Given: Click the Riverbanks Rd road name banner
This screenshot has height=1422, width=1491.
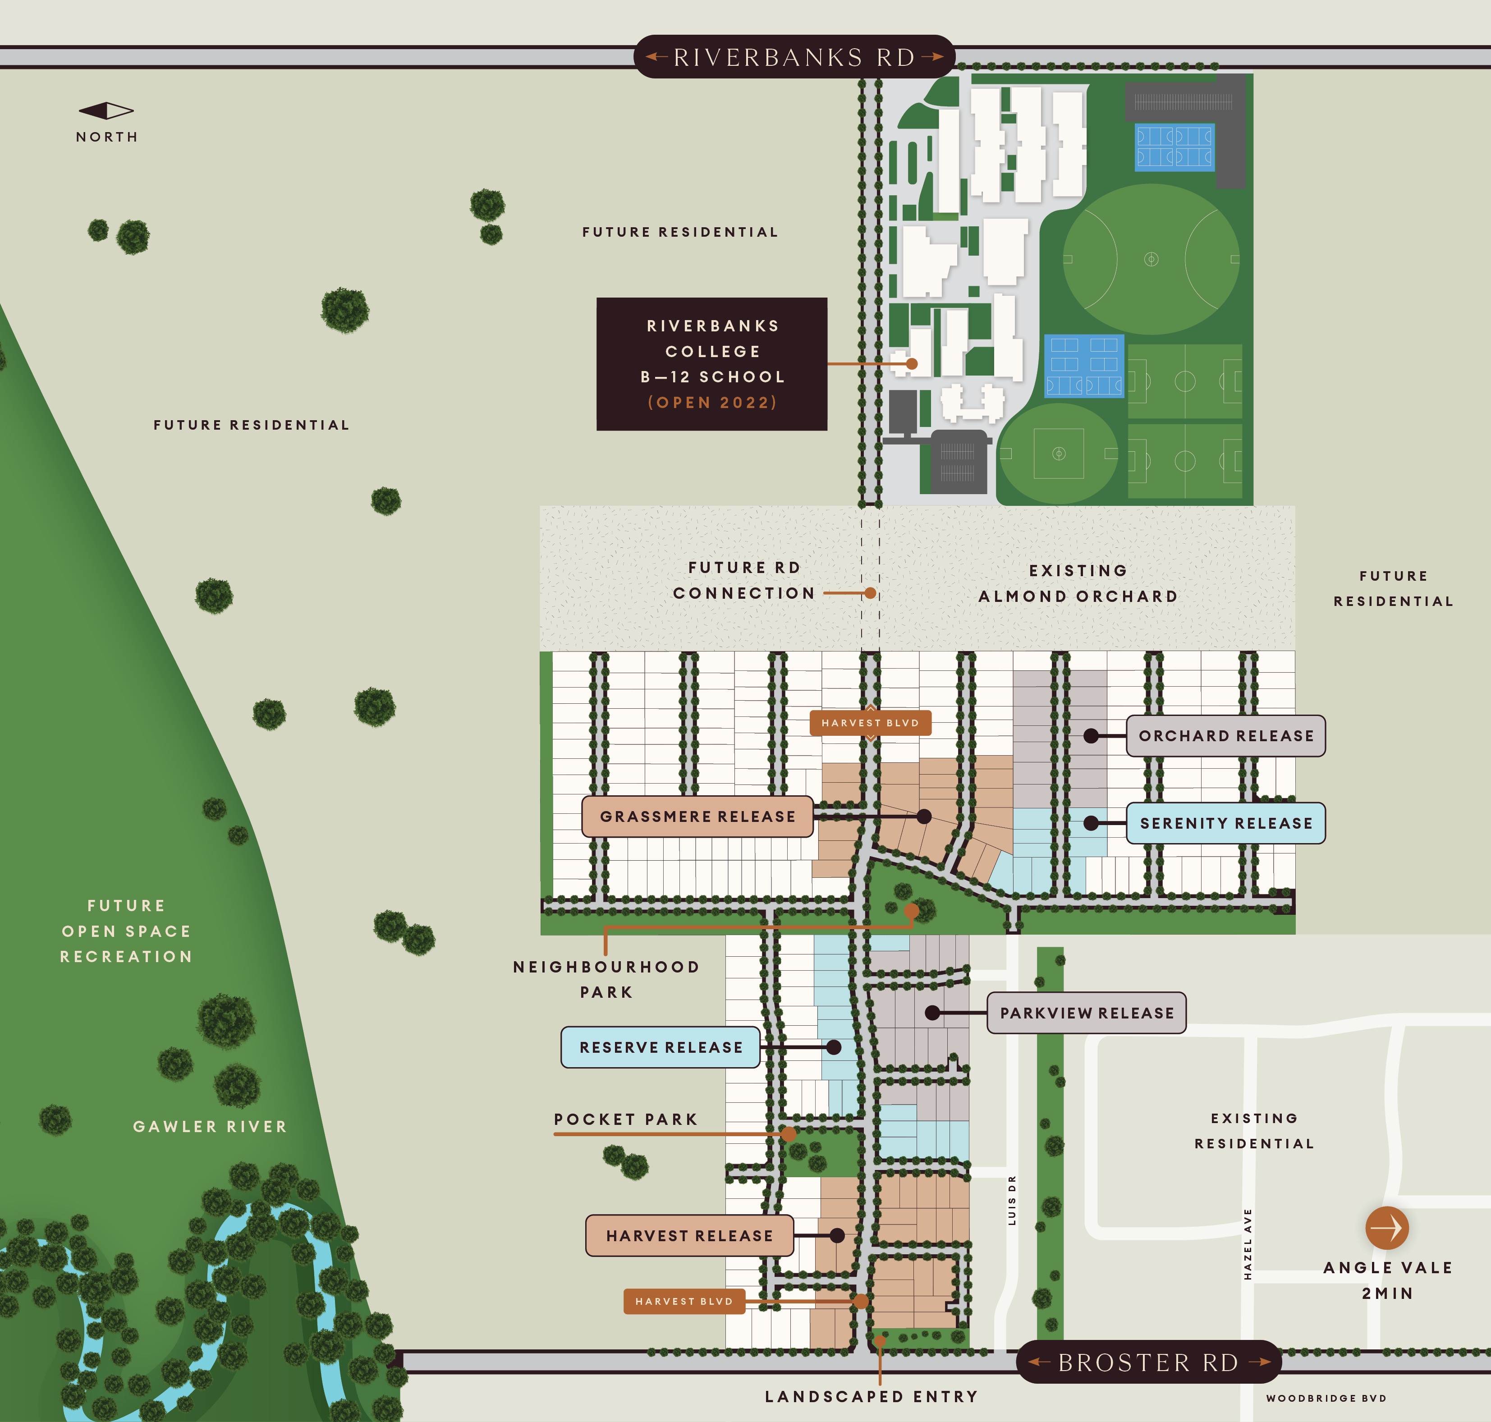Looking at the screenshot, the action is [x=794, y=57].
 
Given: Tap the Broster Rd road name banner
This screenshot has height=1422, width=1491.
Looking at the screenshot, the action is [x=1148, y=1362].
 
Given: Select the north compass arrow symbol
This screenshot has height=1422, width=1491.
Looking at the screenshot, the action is [x=106, y=110].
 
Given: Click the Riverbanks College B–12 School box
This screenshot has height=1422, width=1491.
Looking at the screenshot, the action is [x=712, y=364].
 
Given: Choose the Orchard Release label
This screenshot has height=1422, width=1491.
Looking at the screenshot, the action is [x=1226, y=736].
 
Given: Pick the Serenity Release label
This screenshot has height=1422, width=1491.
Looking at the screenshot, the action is [x=1226, y=823].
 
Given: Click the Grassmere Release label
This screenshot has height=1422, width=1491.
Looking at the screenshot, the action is [x=697, y=817].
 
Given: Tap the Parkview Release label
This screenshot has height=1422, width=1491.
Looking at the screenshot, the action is [x=1086, y=1013].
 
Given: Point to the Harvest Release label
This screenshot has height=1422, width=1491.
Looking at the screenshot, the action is [x=689, y=1235].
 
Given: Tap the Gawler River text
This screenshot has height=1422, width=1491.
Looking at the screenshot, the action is [x=210, y=1126].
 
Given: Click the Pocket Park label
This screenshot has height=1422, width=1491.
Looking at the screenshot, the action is [x=625, y=1119].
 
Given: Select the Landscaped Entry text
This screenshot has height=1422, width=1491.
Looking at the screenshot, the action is [x=872, y=1396].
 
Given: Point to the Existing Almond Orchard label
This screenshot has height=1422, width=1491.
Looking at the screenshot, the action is [x=1078, y=584].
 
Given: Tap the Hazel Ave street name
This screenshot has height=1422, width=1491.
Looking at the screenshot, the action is [x=1248, y=1244].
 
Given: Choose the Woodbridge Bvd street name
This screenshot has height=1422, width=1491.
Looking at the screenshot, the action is [x=1326, y=1399].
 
